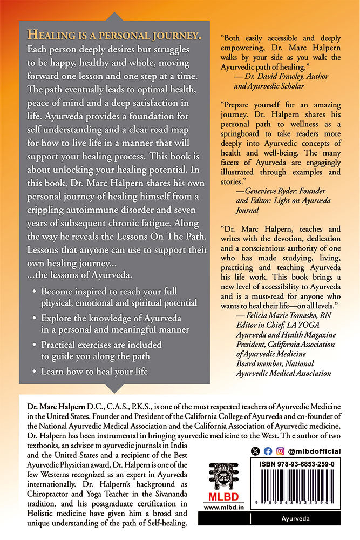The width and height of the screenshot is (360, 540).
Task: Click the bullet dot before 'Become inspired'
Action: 35,292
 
